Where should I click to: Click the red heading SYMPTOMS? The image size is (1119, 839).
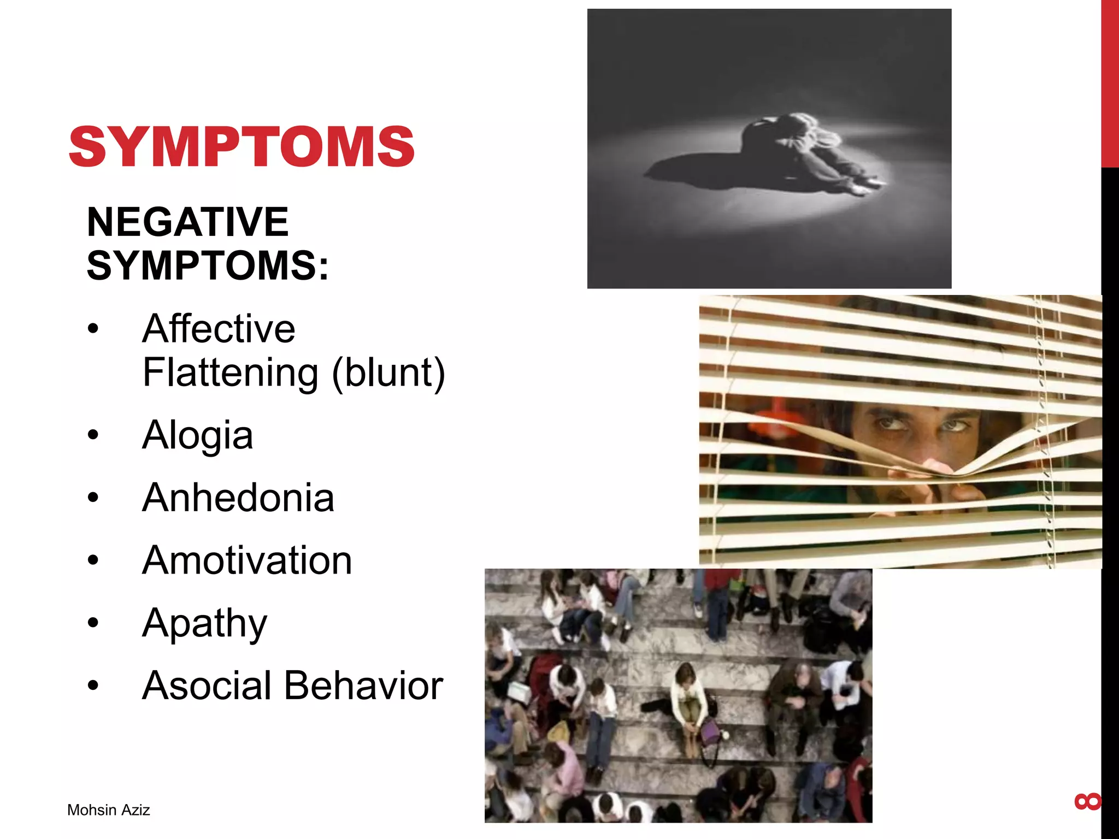click(x=241, y=146)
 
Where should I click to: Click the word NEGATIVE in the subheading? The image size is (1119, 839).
click(x=187, y=222)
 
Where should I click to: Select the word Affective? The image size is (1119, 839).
click(x=219, y=329)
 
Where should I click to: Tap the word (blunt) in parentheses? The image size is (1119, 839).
click(x=388, y=373)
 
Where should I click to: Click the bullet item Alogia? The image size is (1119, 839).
click(x=197, y=435)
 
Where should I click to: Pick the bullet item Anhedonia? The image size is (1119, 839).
click(x=238, y=498)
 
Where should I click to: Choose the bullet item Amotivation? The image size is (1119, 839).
click(x=247, y=560)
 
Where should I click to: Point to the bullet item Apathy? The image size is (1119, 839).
click(x=204, y=623)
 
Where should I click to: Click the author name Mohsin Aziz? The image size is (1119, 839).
click(x=108, y=810)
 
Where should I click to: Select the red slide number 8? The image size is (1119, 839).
click(x=1087, y=802)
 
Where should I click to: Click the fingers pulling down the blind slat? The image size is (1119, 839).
click(x=929, y=481)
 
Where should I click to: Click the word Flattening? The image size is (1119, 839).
click(x=230, y=373)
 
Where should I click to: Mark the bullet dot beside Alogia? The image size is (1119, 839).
click(x=93, y=435)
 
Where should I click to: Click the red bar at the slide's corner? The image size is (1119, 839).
click(x=1110, y=82)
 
